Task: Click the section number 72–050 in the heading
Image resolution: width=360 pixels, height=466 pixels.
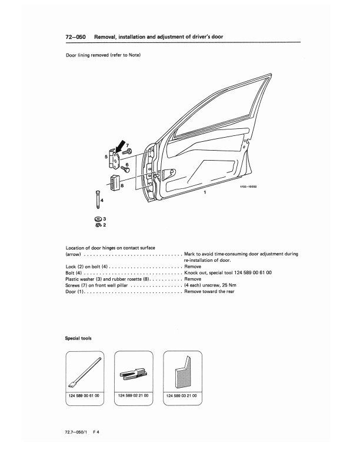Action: [76, 36]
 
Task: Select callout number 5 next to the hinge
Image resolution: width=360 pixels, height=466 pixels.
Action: [106, 157]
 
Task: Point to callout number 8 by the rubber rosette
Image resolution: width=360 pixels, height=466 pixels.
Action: [122, 185]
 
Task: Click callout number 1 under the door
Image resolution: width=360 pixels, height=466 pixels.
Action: [204, 192]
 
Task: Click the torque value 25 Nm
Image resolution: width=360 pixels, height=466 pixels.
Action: [229, 284]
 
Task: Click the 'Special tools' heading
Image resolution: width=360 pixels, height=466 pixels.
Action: [78, 338]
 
